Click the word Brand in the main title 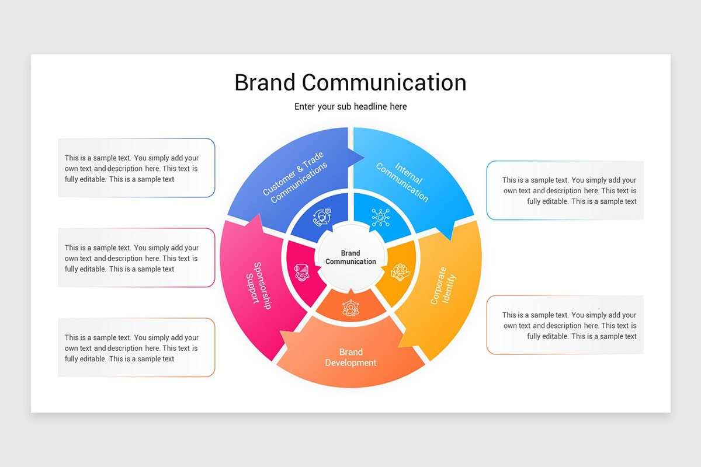265,82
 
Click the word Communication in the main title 384,82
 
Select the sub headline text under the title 350,107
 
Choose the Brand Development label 350,357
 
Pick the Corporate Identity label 442,285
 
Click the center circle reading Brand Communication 350,257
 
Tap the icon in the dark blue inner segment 321,218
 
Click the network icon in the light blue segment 380,218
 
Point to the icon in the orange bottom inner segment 350,308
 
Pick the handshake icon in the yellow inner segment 400,271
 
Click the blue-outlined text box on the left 136,168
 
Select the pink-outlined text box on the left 136,258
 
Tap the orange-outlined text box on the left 136,348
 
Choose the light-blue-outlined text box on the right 565,190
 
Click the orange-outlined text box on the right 565,325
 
